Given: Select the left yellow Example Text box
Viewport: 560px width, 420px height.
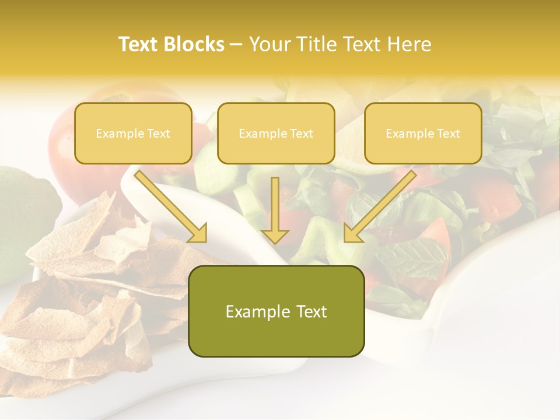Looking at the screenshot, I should pyautogui.click(x=133, y=133).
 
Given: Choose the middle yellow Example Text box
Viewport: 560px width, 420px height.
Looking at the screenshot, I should pyautogui.click(x=276, y=133).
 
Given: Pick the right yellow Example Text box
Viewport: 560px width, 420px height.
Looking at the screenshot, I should pyautogui.click(x=423, y=133).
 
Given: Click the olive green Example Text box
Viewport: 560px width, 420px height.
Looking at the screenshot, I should pyautogui.click(x=276, y=311).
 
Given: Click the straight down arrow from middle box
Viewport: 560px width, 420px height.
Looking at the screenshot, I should pyautogui.click(x=275, y=210).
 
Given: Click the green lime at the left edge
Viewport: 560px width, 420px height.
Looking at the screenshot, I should pyautogui.click(x=23, y=216).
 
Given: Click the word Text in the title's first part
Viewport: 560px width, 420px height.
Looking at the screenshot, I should pyautogui.click(x=138, y=44).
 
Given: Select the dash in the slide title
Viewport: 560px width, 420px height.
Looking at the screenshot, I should pyautogui.click(x=236, y=44).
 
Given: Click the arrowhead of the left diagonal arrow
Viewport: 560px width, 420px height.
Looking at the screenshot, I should pyautogui.click(x=198, y=233).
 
